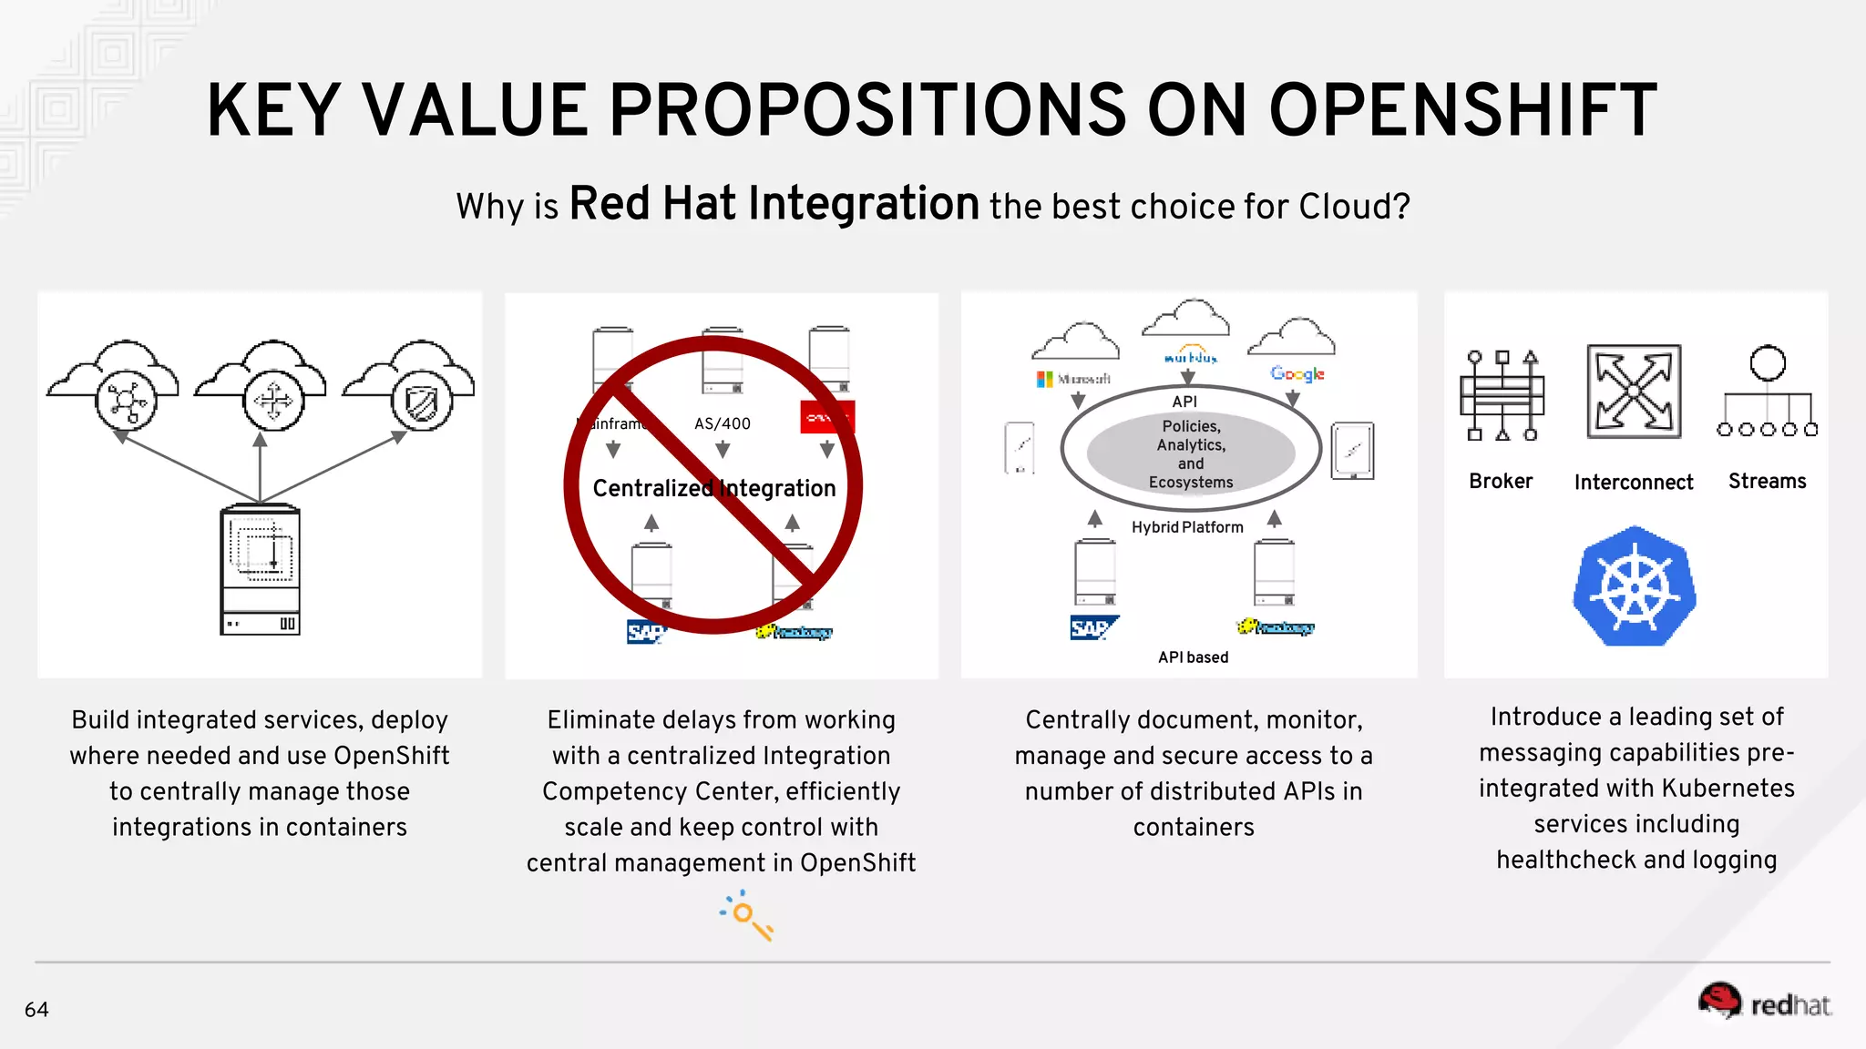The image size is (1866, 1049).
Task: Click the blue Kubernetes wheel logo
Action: tap(1635, 587)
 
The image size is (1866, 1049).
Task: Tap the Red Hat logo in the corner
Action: tap(1764, 1002)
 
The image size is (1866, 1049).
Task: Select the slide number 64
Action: tap(36, 1010)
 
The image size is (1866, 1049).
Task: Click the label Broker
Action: tap(1501, 482)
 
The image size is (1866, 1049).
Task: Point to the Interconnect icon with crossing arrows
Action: tap(1634, 392)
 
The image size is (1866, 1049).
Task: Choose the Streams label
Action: tap(1767, 482)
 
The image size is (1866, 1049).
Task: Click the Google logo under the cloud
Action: tap(1297, 373)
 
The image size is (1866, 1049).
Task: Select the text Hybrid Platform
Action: tap(1187, 527)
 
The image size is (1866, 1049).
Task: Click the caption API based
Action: tap(1193, 657)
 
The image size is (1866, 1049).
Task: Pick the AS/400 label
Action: tap(723, 423)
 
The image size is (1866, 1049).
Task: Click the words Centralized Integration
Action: tap(713, 489)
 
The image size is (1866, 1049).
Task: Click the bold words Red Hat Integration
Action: tap(774, 204)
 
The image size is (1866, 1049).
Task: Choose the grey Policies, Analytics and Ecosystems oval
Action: tap(1191, 453)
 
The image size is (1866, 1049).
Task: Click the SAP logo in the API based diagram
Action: tap(1092, 627)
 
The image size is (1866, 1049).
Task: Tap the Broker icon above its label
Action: tap(1502, 394)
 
